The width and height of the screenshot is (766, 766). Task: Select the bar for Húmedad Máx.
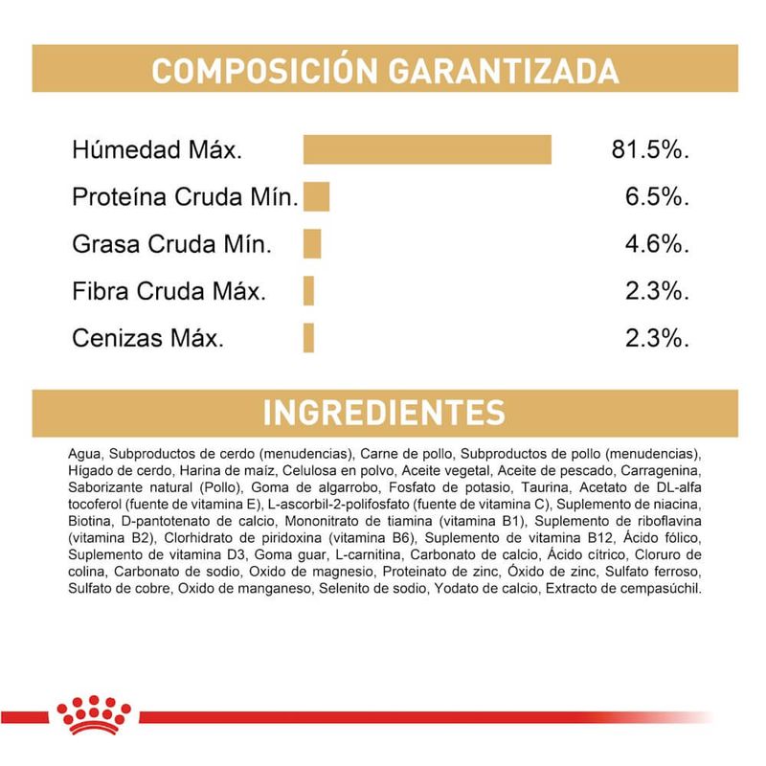click(427, 150)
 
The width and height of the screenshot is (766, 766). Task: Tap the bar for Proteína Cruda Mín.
click(316, 197)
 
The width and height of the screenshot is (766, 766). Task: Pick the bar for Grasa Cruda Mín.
click(312, 244)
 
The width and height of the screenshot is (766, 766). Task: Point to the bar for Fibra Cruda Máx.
click(308, 291)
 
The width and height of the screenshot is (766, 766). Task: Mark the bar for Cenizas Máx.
click(308, 338)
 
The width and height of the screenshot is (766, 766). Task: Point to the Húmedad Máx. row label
click(157, 150)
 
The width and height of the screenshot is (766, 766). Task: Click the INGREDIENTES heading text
click(383, 412)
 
